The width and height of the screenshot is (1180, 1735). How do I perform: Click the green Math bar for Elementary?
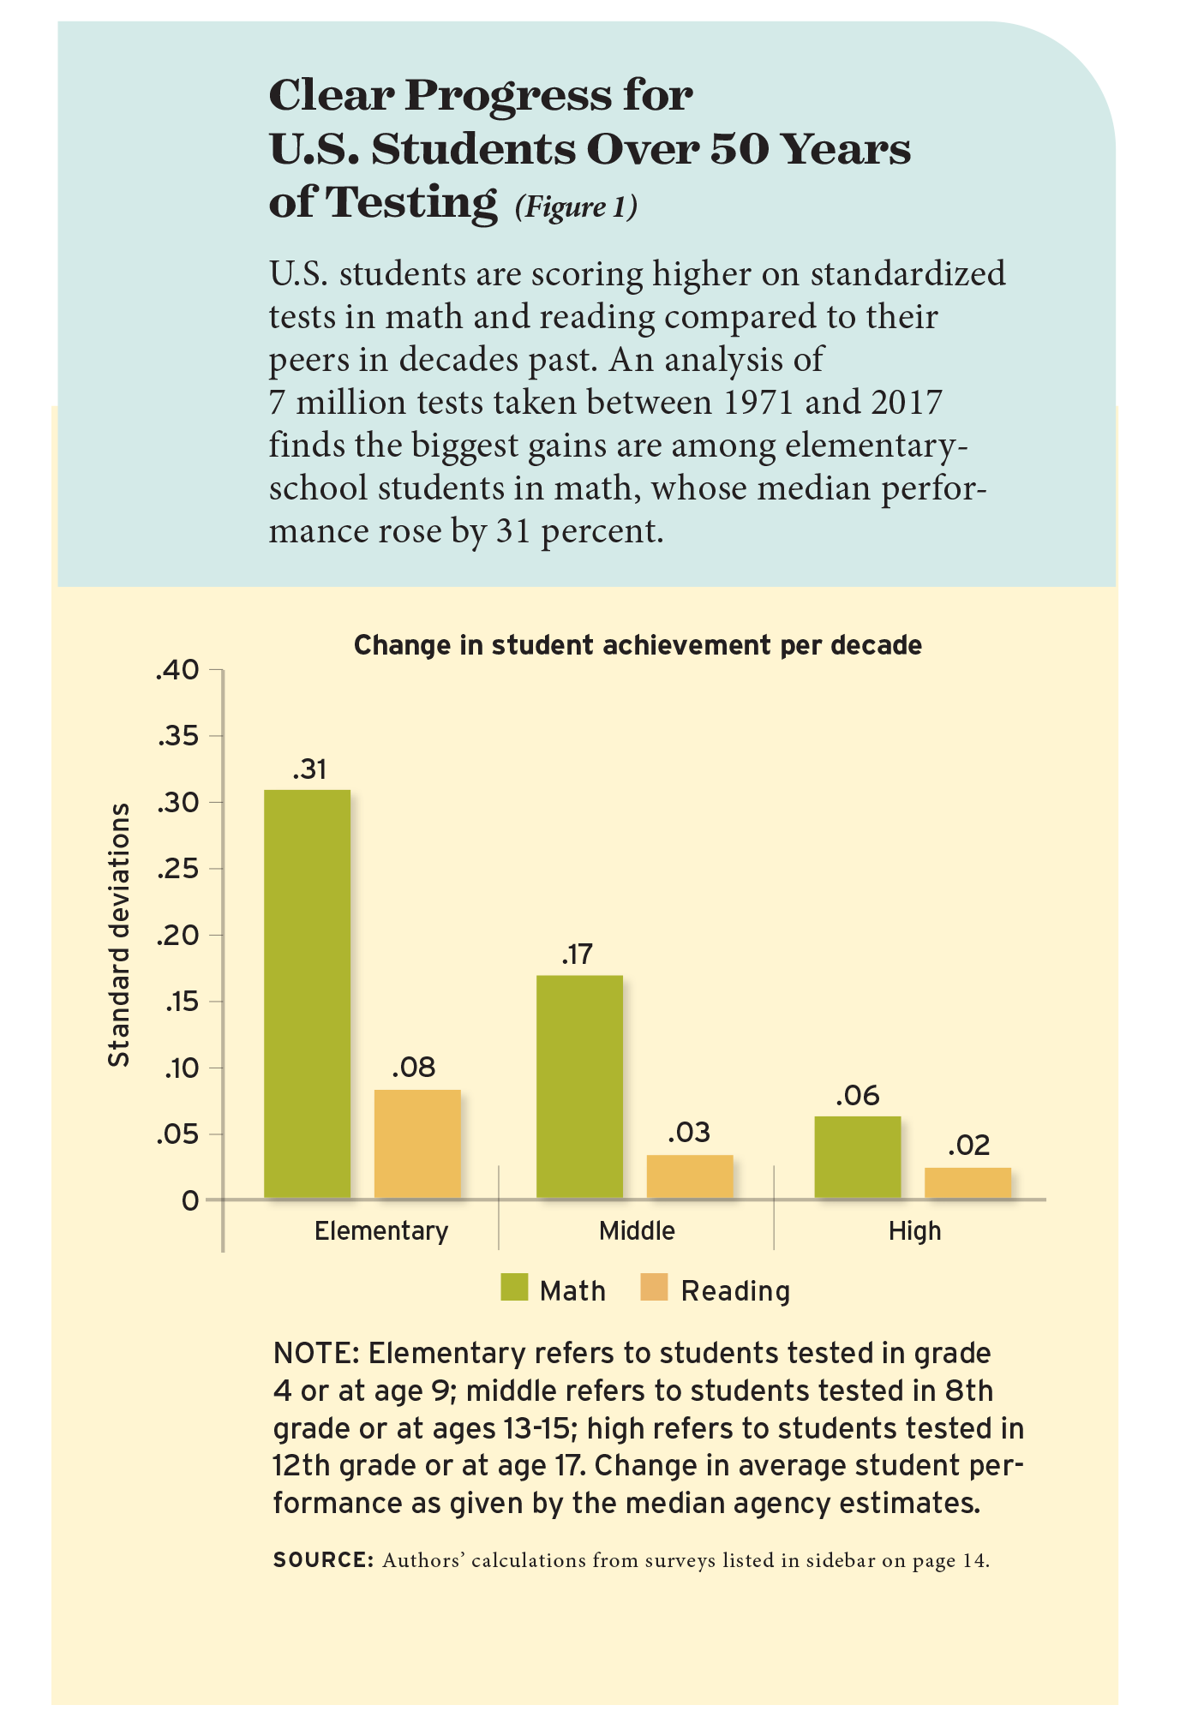(307, 993)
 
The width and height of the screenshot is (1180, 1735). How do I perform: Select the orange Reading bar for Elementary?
(417, 1143)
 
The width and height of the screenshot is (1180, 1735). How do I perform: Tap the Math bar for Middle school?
(579, 1086)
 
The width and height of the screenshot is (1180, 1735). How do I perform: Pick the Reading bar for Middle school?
(690, 1176)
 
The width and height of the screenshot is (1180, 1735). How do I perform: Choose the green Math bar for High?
(857, 1157)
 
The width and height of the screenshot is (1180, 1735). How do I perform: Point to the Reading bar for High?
(967, 1182)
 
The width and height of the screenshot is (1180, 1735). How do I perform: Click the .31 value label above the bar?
(309, 769)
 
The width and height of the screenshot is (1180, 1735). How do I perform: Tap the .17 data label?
(577, 954)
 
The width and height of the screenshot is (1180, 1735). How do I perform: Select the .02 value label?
(969, 1146)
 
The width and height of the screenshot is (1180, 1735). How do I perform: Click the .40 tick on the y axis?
(177, 670)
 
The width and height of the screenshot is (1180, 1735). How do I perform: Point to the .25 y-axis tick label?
(177, 870)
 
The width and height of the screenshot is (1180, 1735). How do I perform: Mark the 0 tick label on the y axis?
(189, 1200)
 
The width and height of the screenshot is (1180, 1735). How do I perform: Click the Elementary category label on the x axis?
(381, 1231)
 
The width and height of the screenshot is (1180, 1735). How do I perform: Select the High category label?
(914, 1231)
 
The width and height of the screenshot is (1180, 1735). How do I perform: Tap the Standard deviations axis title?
(119, 935)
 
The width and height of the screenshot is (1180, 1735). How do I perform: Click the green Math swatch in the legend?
(515, 1289)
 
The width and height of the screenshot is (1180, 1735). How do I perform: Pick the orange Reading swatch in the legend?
(654, 1289)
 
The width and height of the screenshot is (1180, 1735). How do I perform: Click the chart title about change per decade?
(638, 645)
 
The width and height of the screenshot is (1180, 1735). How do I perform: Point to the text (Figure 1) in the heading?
(576, 206)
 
